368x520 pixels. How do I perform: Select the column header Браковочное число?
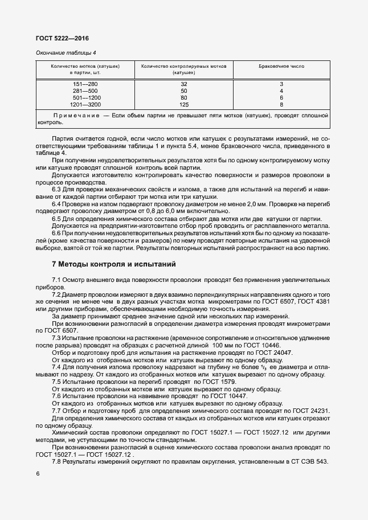(x=281, y=67)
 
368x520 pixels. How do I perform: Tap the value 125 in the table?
(x=184, y=105)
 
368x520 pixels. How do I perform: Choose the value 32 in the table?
(x=184, y=84)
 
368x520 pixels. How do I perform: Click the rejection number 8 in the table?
(x=281, y=105)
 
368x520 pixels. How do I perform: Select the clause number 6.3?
(x=57, y=189)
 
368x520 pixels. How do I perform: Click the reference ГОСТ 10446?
(x=263, y=345)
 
